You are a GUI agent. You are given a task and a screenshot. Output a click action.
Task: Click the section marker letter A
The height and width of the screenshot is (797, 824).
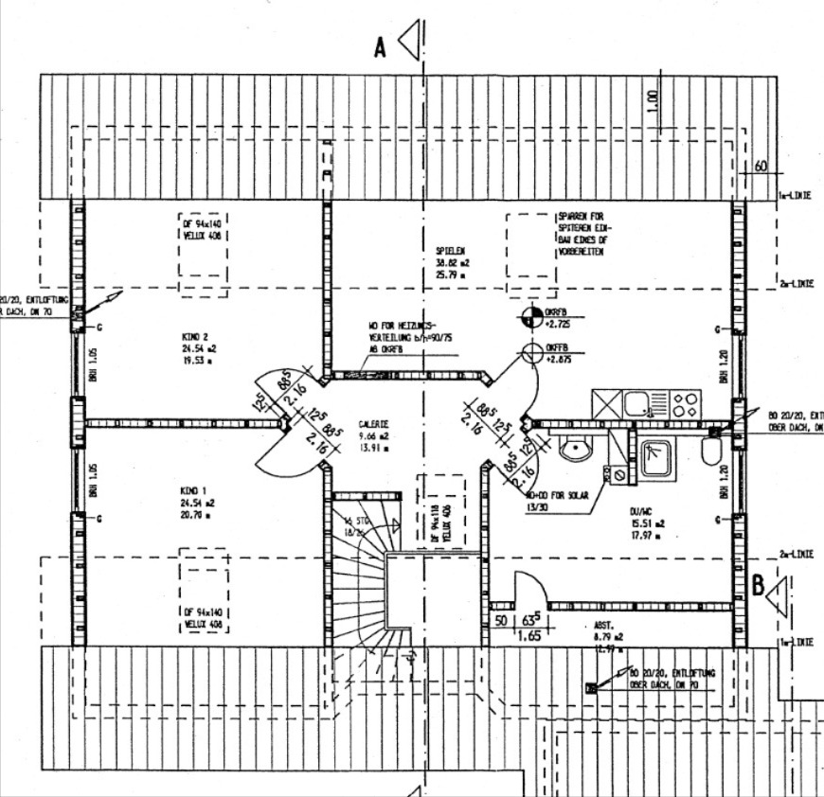380,47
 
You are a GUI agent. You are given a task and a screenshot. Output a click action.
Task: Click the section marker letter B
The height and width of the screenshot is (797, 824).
758,586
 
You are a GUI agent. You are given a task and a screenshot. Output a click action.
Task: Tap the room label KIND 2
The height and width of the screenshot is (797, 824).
194,336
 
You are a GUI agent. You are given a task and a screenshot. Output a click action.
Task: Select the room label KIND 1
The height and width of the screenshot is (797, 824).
193,491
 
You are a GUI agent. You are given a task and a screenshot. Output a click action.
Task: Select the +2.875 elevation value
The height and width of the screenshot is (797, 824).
559,361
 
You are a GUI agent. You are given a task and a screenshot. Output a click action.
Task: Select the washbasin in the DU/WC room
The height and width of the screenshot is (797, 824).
575,449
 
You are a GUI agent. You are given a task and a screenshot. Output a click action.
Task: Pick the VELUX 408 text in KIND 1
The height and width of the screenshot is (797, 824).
204,625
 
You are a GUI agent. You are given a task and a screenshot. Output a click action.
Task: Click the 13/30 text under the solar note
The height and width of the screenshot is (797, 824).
537,506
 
